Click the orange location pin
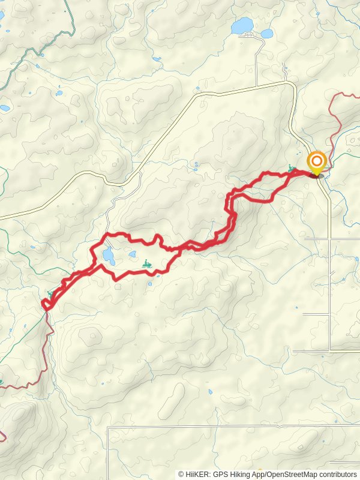316,162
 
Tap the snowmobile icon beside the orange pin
292,169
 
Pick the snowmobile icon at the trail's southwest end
51,294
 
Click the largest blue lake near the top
242,26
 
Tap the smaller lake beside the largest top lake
267,34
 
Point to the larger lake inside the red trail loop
109,257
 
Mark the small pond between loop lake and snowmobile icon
132,254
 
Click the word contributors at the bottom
339,474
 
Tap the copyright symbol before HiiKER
181,474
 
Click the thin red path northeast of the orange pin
340,120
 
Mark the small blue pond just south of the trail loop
149,284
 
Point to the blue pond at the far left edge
5,109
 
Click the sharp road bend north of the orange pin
293,87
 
